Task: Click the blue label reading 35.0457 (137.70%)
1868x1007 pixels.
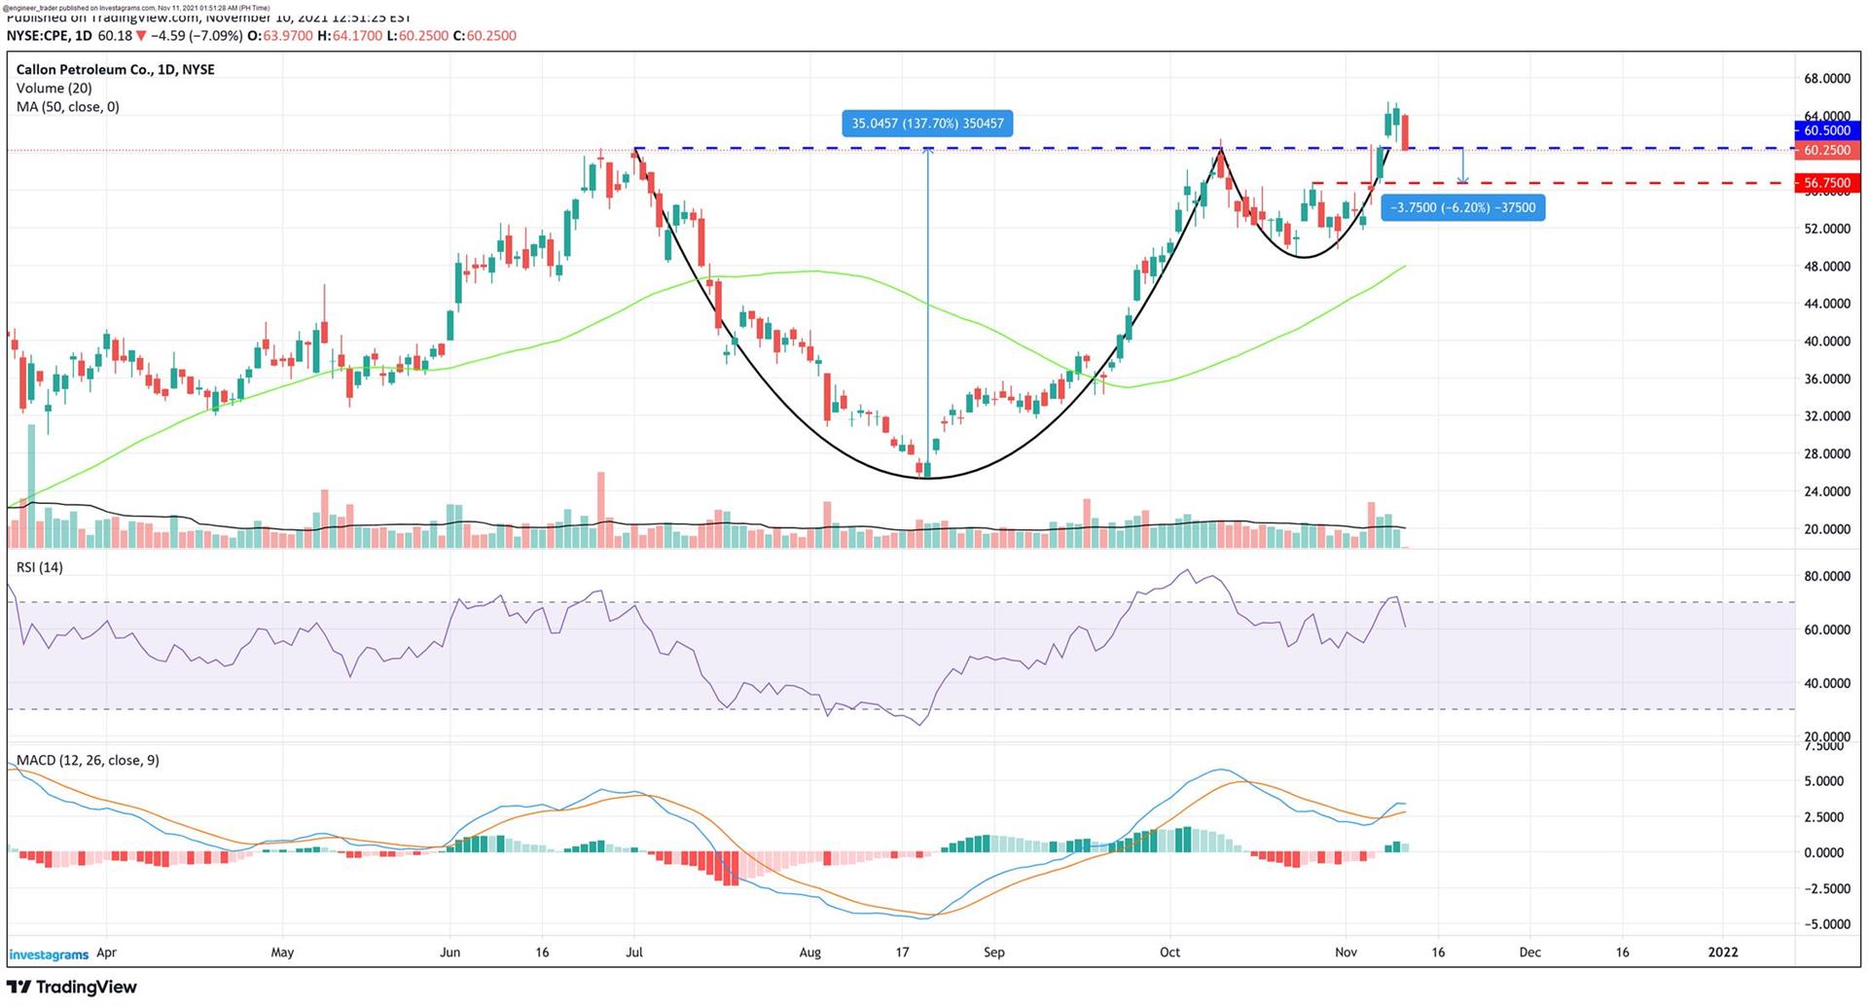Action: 927,124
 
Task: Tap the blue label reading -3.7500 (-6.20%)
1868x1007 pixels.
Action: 1462,208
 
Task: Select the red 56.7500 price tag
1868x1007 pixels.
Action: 1826,183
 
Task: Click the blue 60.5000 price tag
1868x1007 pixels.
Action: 1826,130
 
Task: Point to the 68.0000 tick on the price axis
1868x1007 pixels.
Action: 1826,78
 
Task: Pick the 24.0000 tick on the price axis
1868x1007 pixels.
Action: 1826,491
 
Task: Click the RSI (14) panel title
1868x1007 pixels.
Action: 40,567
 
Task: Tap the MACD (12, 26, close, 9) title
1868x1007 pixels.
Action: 88,760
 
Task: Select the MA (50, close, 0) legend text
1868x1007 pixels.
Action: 68,107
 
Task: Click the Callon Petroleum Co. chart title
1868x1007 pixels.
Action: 115,70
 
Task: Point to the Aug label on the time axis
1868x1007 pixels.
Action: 809,953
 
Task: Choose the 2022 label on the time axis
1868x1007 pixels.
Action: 1723,953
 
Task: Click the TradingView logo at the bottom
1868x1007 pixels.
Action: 72,988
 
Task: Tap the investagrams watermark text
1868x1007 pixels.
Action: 49,954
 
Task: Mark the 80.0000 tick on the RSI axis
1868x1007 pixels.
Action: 1826,576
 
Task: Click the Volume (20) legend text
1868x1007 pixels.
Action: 54,89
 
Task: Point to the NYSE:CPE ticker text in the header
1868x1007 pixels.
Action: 38,36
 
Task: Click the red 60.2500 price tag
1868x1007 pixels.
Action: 1826,150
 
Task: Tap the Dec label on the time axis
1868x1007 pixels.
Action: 1529,953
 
